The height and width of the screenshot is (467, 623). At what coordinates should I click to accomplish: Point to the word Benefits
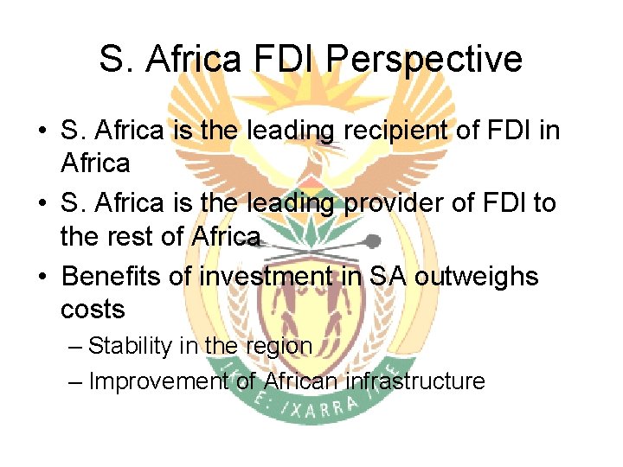coord(114,277)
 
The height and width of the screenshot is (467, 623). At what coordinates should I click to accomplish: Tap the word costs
coord(93,309)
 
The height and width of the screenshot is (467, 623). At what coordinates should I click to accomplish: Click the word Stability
coord(132,347)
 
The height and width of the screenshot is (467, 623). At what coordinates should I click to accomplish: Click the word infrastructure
coord(415,381)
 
